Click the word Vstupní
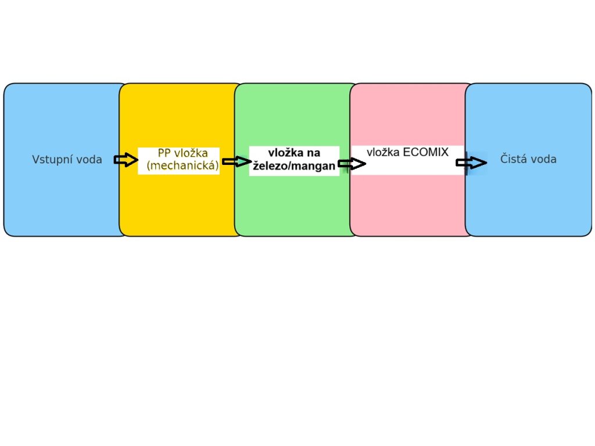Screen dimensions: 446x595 tap(50, 160)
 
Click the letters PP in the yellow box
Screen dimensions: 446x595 tap(164, 154)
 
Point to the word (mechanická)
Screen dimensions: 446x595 tap(182, 166)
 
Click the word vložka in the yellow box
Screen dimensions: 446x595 tap(191, 154)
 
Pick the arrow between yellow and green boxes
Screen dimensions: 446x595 tap(236, 161)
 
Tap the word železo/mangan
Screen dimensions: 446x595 tap(294, 166)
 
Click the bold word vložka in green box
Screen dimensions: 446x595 tap(285, 153)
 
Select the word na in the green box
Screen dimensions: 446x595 tap(313, 153)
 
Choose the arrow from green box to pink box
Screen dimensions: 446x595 tap(352, 164)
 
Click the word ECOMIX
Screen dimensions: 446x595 tap(426, 152)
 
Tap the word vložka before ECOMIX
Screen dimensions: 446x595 tap(383, 152)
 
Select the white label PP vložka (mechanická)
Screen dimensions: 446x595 tap(178, 161)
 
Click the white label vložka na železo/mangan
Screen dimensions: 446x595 tap(294, 160)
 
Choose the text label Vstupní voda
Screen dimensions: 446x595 tap(67, 160)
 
